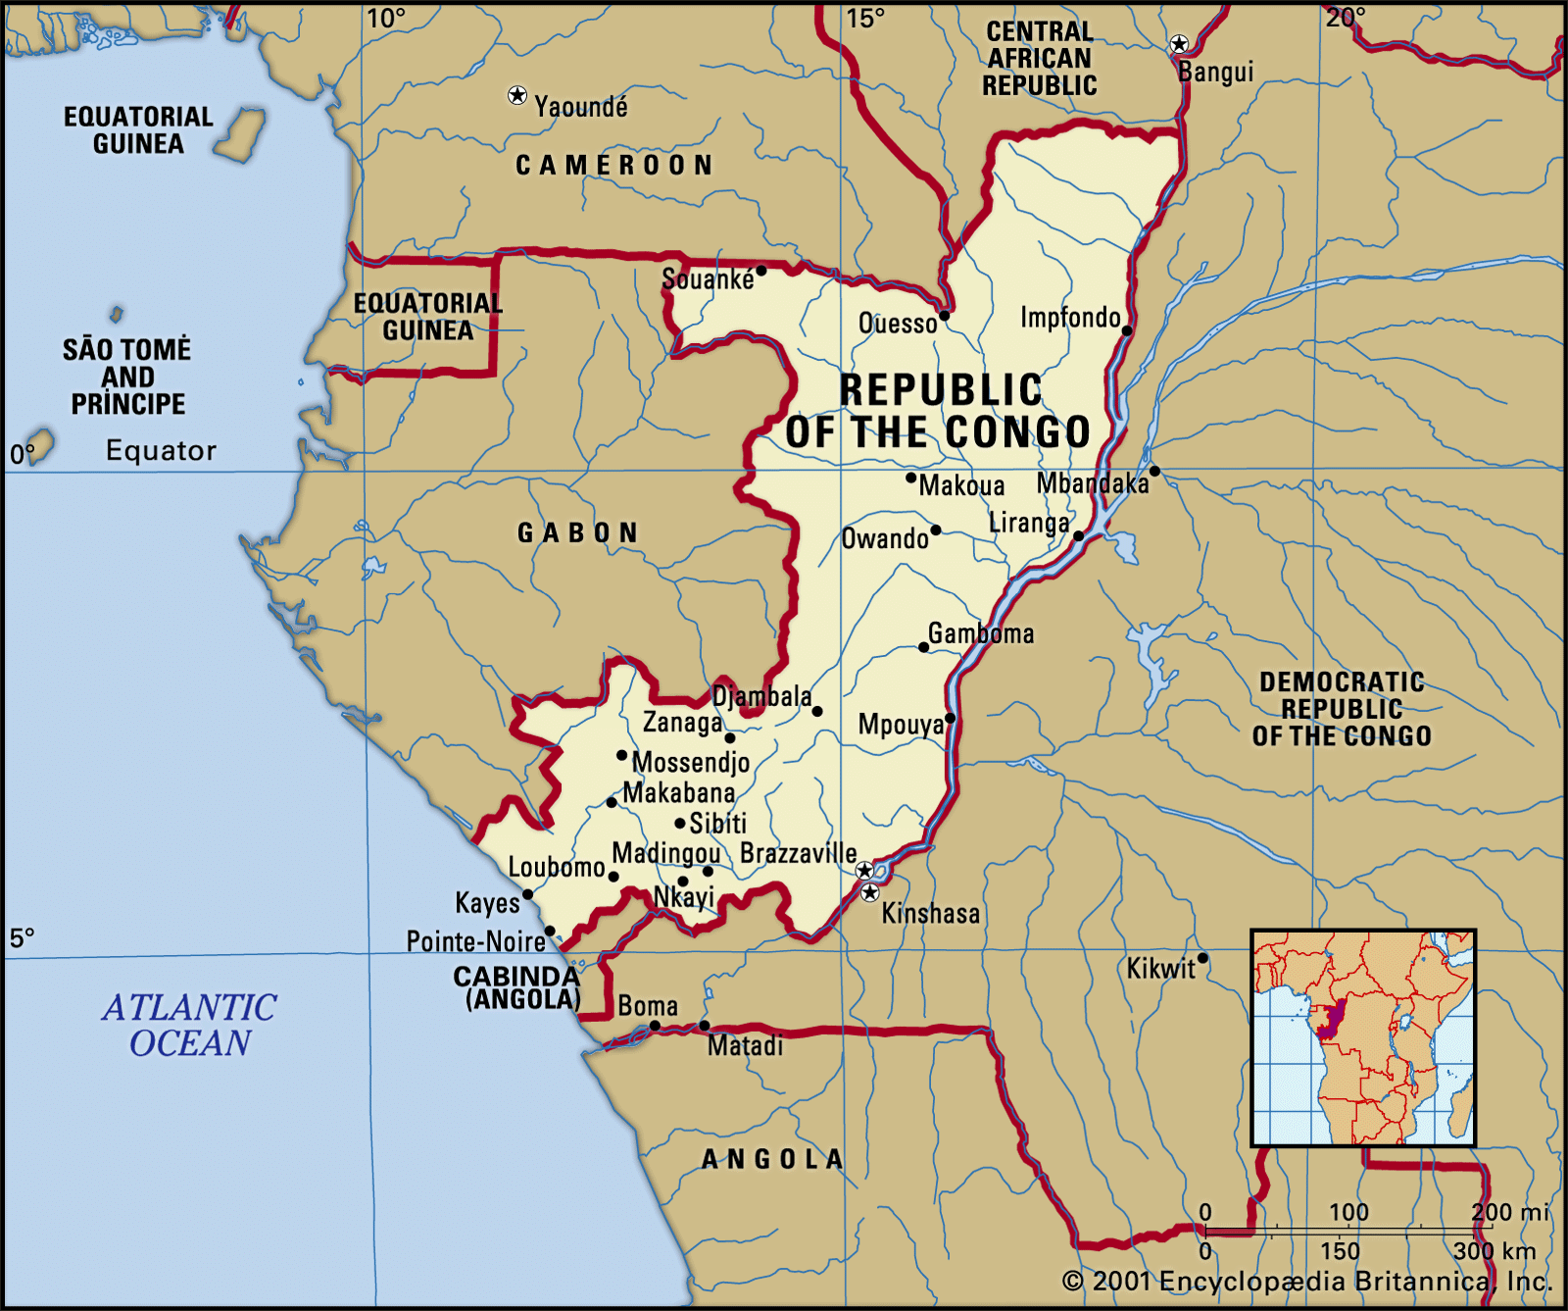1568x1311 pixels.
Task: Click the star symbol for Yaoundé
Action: [517, 95]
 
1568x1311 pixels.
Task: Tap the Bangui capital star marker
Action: [1179, 44]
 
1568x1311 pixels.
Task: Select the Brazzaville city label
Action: [798, 853]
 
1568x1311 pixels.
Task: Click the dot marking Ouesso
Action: [945, 315]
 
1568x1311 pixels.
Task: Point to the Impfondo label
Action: [1070, 318]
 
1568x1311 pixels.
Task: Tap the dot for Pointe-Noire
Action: [550, 931]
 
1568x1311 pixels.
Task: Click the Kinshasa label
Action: [930, 914]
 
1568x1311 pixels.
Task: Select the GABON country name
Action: [578, 533]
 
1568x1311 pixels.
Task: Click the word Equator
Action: [161, 451]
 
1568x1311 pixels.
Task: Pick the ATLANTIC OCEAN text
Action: [189, 1026]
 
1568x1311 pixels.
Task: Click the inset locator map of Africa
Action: [1363, 1038]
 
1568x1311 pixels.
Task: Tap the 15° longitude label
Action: [865, 19]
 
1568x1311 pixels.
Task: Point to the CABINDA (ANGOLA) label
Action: [518, 987]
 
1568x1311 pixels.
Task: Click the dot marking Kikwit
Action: [1202, 958]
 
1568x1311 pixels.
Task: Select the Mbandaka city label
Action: [1092, 483]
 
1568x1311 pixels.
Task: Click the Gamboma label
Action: [981, 633]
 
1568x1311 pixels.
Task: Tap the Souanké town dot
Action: [760, 271]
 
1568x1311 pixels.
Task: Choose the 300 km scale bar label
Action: [1494, 1251]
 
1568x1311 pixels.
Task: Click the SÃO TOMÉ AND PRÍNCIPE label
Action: [127, 377]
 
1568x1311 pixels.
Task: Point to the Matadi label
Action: [745, 1046]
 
